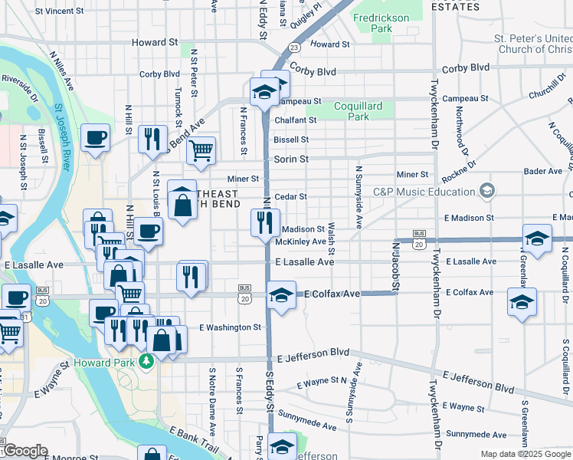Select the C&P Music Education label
click(x=426, y=191)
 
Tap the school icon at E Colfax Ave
click(x=281, y=295)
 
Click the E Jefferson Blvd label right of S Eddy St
click(x=313, y=356)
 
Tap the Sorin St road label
click(x=291, y=159)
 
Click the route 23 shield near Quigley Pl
click(x=294, y=47)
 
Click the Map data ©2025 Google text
click(x=526, y=454)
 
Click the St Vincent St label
click(x=59, y=11)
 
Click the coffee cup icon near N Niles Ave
click(x=95, y=138)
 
